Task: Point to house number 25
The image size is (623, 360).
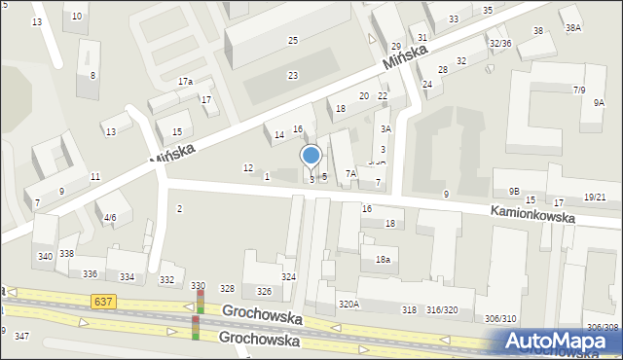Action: click(292, 40)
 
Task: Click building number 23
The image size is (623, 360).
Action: click(292, 75)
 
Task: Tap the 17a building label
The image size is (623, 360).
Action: click(185, 81)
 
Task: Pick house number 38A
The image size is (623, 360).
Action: click(573, 28)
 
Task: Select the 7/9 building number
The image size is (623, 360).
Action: click(579, 90)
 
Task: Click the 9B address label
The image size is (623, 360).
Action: click(514, 191)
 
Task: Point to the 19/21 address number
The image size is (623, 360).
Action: click(595, 198)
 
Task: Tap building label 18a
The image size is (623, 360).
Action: click(383, 259)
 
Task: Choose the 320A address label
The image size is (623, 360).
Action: click(348, 305)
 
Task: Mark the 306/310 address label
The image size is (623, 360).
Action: click(500, 319)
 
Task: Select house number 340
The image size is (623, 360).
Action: click(45, 256)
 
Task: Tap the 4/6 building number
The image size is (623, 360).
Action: click(110, 217)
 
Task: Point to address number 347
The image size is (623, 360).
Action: click(21, 335)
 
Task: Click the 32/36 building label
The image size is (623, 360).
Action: click(500, 43)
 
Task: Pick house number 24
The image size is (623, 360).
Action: click(426, 84)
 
